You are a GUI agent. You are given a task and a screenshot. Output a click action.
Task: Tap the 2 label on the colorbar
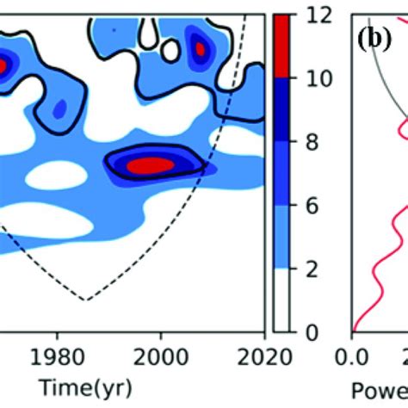(307, 269)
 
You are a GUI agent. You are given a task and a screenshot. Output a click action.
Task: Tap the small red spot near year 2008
(200, 50)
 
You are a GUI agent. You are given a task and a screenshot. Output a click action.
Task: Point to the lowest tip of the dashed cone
(85, 300)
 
